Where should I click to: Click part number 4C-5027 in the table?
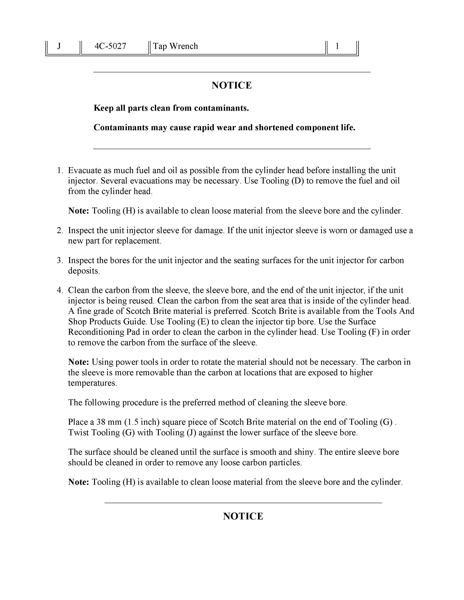110,46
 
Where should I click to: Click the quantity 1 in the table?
337,46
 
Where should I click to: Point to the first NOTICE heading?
232,85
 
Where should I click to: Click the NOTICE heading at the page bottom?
243,517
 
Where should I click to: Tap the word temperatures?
92,383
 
